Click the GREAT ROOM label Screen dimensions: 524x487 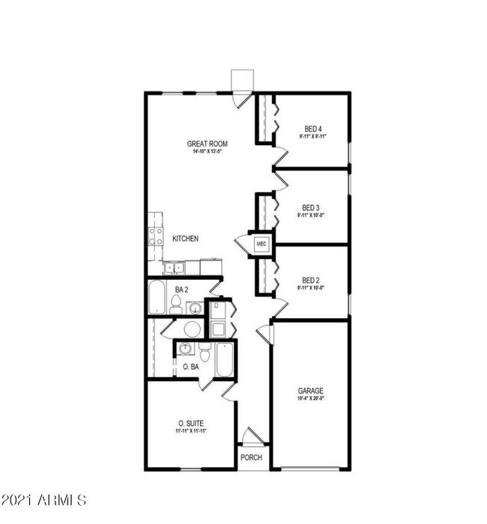point(208,143)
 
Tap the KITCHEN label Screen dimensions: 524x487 point(185,239)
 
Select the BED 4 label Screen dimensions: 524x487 point(313,128)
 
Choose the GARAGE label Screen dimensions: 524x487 point(310,391)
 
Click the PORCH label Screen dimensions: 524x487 point(251,457)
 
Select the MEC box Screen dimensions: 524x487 point(261,243)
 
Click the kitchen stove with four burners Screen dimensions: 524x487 point(156,237)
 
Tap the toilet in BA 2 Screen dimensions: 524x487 point(176,303)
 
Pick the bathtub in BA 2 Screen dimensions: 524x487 point(157,298)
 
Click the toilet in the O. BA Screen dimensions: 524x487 point(205,353)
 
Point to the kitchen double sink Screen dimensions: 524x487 point(174,266)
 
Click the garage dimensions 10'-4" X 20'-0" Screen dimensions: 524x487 point(310,398)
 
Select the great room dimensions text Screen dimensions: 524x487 point(208,151)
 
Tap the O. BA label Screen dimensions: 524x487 point(190,367)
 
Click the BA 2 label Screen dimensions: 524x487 point(181,289)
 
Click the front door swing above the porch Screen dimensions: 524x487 point(252,436)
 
